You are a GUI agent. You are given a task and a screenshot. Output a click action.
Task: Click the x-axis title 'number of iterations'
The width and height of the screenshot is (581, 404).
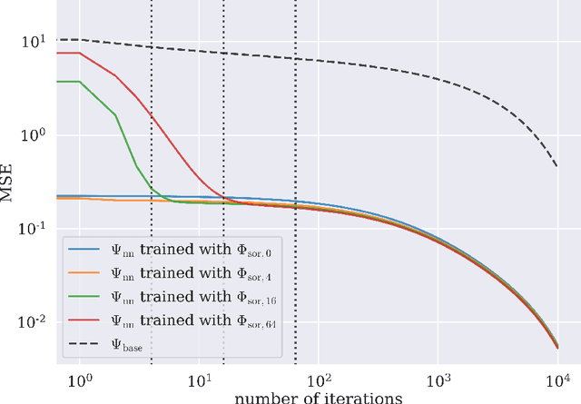click(317, 397)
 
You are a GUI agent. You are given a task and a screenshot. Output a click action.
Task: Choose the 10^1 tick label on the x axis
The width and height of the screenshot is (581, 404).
click(199, 378)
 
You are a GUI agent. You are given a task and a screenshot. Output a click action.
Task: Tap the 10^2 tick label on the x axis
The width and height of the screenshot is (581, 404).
click(319, 378)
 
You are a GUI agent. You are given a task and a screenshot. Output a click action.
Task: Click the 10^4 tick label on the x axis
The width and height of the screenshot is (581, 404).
click(557, 378)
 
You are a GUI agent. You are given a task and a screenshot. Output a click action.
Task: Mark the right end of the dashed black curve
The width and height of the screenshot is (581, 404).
click(557, 166)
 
